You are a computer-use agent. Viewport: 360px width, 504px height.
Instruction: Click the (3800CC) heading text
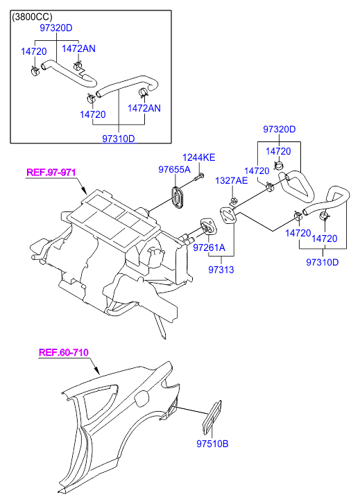click(32, 17)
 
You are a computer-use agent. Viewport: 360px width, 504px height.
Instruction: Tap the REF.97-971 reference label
click(51, 173)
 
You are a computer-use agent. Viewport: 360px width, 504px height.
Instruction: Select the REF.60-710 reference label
click(63, 352)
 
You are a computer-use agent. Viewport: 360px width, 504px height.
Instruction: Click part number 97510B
click(212, 444)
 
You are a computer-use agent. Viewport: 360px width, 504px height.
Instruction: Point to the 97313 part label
click(221, 270)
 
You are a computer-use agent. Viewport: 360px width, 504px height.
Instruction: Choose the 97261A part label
click(209, 247)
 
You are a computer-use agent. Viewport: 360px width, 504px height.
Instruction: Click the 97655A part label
click(174, 169)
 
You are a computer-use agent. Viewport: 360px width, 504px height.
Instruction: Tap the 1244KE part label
click(199, 157)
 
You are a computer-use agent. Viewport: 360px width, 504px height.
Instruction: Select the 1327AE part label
click(231, 180)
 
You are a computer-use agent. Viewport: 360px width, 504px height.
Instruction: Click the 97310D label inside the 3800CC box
click(119, 139)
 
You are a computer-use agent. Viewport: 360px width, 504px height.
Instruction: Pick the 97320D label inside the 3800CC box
click(56, 28)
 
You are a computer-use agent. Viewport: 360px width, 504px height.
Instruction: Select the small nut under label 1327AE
click(233, 202)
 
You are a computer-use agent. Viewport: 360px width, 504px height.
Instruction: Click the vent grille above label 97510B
click(212, 415)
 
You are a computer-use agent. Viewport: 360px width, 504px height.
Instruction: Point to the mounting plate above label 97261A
click(209, 227)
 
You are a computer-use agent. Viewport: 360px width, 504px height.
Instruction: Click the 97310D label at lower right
click(322, 262)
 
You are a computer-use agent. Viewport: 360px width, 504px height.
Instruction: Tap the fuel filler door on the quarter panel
click(142, 399)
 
